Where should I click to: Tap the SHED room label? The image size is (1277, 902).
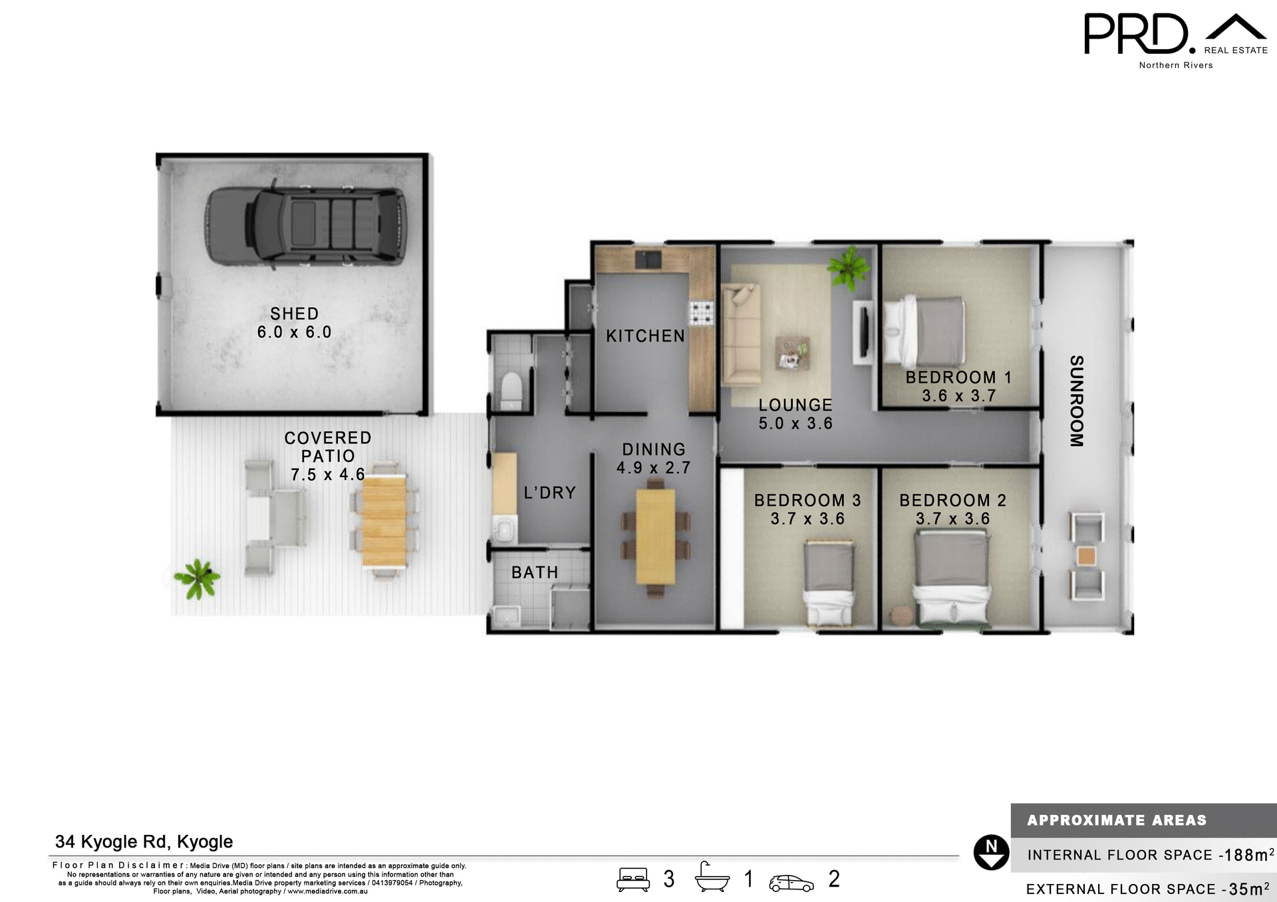pyautogui.click(x=294, y=314)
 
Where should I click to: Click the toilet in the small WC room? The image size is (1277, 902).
pyautogui.click(x=511, y=392)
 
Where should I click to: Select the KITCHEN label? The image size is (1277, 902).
pyautogui.click(x=645, y=336)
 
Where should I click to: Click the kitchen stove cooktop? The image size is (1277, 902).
pyautogui.click(x=701, y=312)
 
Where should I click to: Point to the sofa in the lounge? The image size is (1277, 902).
pyautogui.click(x=741, y=335)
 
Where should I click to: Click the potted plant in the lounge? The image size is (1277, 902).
pyautogui.click(x=849, y=267)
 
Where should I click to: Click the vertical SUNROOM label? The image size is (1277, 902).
pyautogui.click(x=1077, y=401)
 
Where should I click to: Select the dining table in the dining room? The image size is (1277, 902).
pyautogui.click(x=655, y=537)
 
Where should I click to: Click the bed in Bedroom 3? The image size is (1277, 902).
pyautogui.click(x=829, y=583)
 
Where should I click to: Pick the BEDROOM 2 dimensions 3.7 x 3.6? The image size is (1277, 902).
pyautogui.click(x=952, y=518)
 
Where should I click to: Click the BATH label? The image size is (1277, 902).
pyautogui.click(x=535, y=572)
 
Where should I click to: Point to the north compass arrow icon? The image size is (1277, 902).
pyautogui.click(x=991, y=852)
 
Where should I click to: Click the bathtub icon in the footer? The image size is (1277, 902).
pyautogui.click(x=712, y=878)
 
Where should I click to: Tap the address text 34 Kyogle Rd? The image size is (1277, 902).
pyautogui.click(x=144, y=842)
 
